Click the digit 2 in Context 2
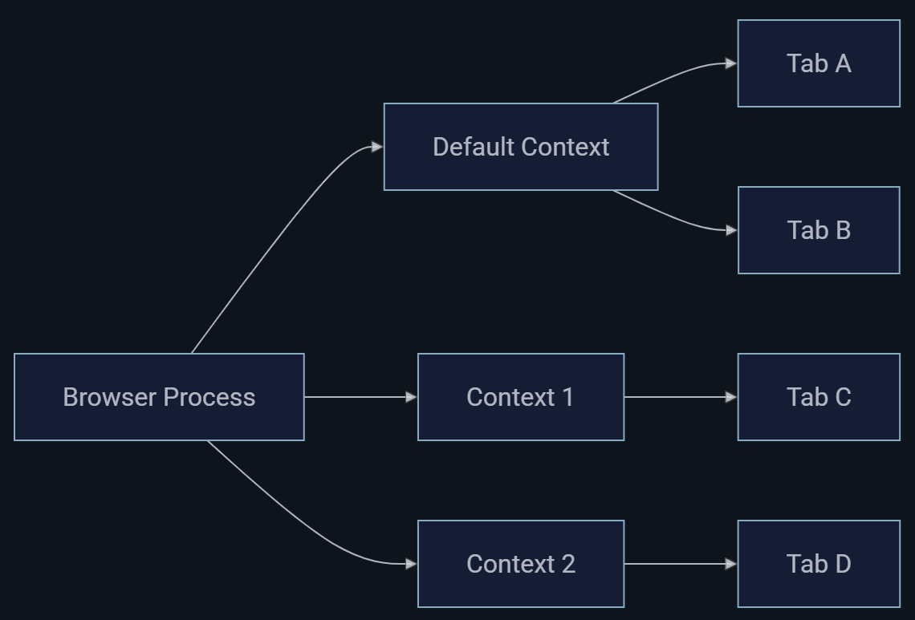(568, 564)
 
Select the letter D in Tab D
(841, 564)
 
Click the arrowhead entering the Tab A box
(730, 63)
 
